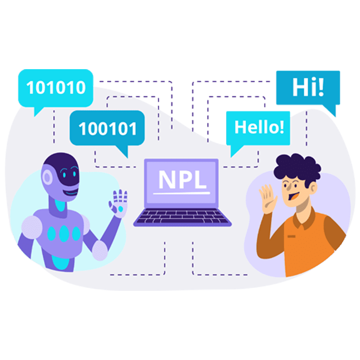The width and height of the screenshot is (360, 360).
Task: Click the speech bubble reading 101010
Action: click(55, 88)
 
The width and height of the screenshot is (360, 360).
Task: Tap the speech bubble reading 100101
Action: click(107, 128)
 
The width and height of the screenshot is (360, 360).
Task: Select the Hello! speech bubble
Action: click(258, 127)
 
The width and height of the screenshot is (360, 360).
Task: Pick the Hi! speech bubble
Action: click(308, 87)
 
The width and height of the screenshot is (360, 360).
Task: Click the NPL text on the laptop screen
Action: click(182, 179)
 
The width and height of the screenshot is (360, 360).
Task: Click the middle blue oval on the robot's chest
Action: click(64, 234)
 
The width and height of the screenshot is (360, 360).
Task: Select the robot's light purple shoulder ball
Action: click(32, 226)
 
